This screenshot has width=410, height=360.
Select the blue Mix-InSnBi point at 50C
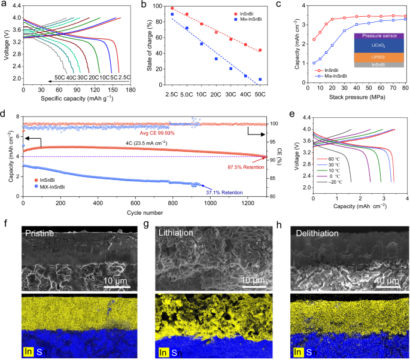click(x=260, y=80)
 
